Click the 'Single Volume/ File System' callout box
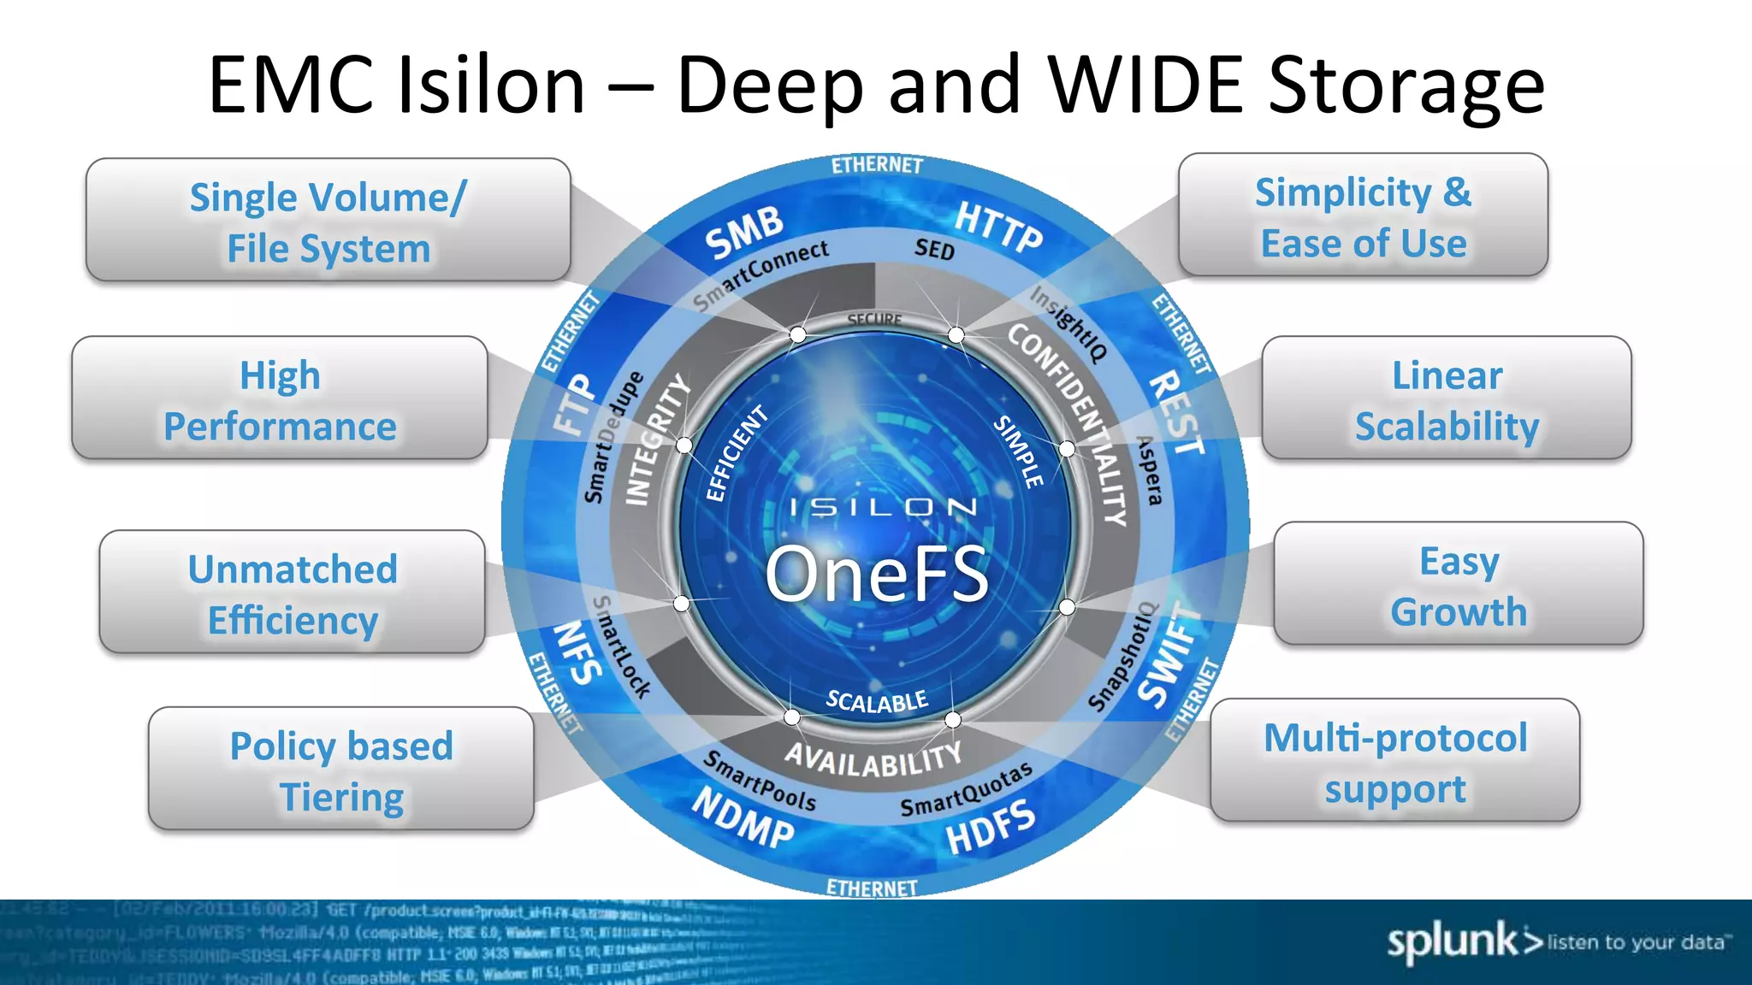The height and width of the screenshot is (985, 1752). pyautogui.click(x=328, y=221)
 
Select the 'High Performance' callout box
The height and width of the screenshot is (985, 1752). pyautogui.click(x=280, y=398)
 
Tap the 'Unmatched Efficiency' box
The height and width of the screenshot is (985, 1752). pyautogui.click(x=292, y=593)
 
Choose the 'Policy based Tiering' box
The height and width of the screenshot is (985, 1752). pyautogui.click(x=340, y=770)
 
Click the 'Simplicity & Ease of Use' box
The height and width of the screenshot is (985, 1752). pyautogui.click(x=1363, y=215)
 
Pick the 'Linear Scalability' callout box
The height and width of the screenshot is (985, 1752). pyautogui.click(x=1446, y=398)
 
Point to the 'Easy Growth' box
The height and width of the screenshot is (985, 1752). pyautogui.click(x=1458, y=584)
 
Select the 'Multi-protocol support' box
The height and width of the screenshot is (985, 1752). pyautogui.click(x=1394, y=761)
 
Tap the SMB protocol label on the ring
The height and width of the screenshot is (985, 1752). pyautogui.click(x=743, y=232)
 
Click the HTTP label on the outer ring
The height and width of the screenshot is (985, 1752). pyautogui.click(x=998, y=227)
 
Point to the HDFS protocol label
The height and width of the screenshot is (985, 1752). pyautogui.click(x=991, y=827)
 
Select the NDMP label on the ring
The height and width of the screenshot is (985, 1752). pyautogui.click(x=743, y=818)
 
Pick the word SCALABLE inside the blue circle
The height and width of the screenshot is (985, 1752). pyautogui.click(x=876, y=701)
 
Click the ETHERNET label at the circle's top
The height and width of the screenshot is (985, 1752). pyautogui.click(x=877, y=164)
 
